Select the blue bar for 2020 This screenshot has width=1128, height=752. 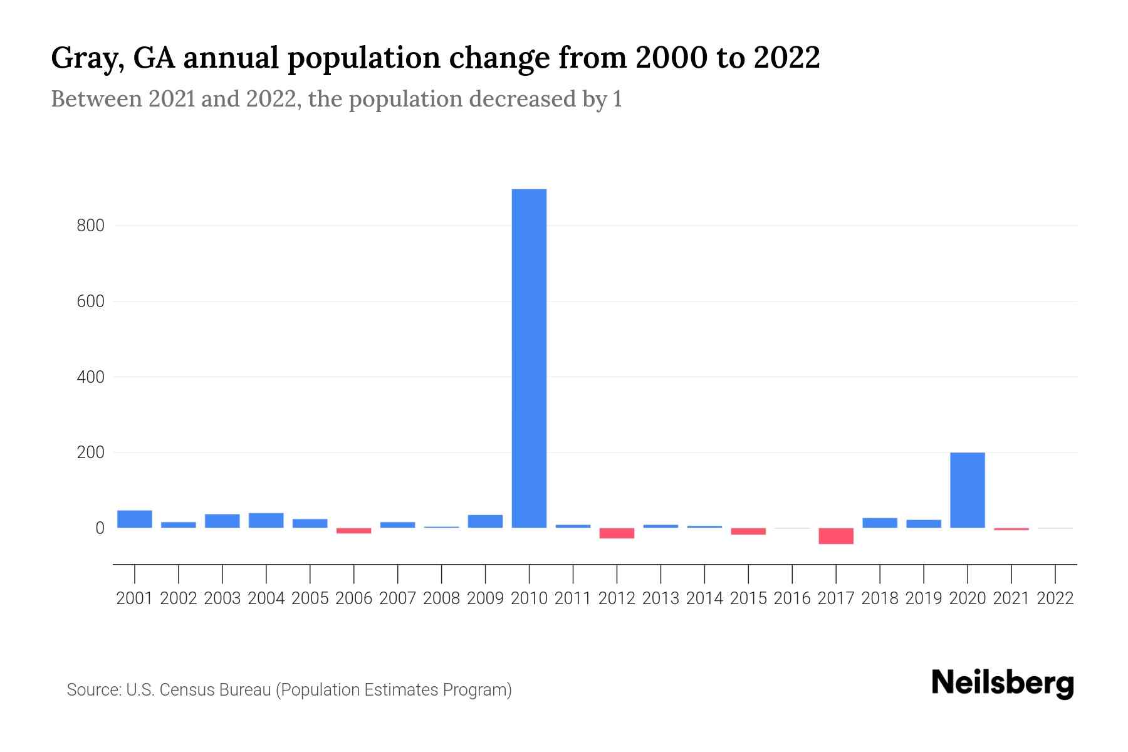(967, 490)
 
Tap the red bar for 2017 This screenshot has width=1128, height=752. (836, 536)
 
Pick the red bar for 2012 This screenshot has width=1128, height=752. (617, 533)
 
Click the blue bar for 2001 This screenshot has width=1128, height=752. (135, 519)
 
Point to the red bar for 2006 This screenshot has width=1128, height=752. (353, 531)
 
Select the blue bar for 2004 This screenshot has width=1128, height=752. (266, 520)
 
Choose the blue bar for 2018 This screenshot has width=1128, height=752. (880, 523)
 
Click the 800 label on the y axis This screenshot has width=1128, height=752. (90, 226)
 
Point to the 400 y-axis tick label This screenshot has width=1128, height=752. (90, 377)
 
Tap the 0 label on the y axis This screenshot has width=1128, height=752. (99, 528)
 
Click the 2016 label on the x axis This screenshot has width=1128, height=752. (792, 598)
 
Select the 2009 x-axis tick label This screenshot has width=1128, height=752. (485, 598)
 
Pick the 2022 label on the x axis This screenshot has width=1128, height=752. (1055, 598)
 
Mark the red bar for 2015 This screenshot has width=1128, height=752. (748, 531)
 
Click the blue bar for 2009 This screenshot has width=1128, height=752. (485, 521)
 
